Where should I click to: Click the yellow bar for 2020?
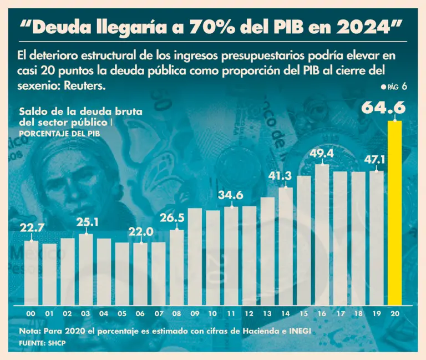(x=394, y=213)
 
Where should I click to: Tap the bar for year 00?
(x=32, y=272)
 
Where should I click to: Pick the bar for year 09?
(x=195, y=257)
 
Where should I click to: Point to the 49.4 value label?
(x=322, y=154)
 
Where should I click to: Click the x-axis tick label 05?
(x=122, y=314)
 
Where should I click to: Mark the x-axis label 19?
(x=377, y=314)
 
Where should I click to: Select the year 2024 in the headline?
(x=363, y=27)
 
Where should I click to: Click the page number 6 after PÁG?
(x=405, y=87)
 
